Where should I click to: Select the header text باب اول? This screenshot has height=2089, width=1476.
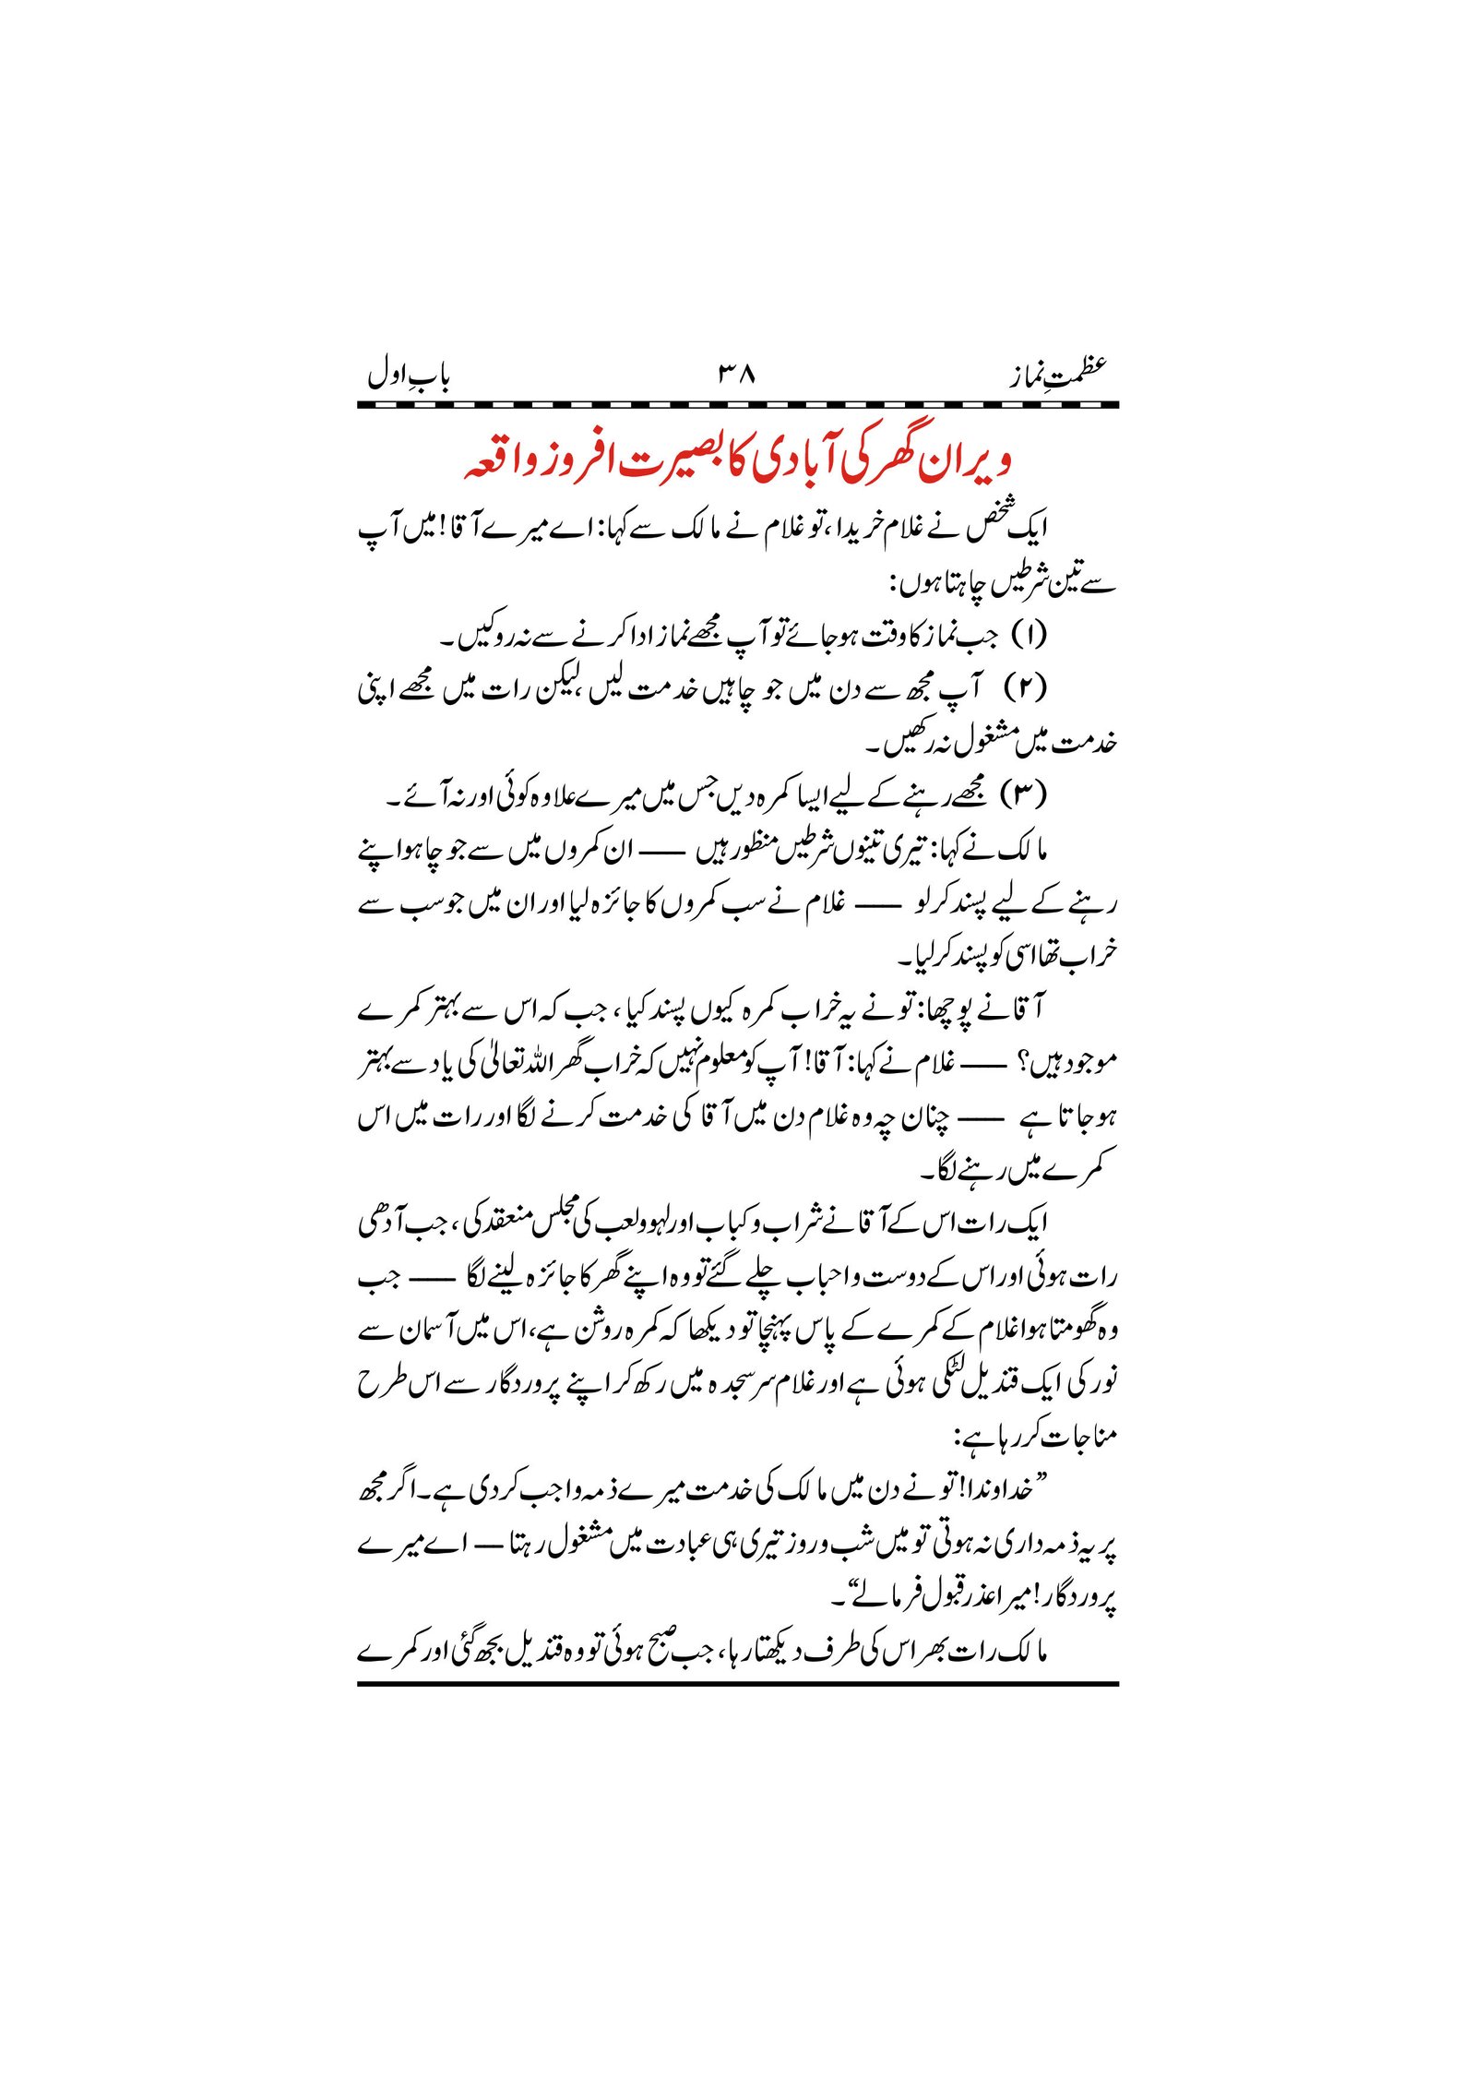pyautogui.click(x=408, y=375)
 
